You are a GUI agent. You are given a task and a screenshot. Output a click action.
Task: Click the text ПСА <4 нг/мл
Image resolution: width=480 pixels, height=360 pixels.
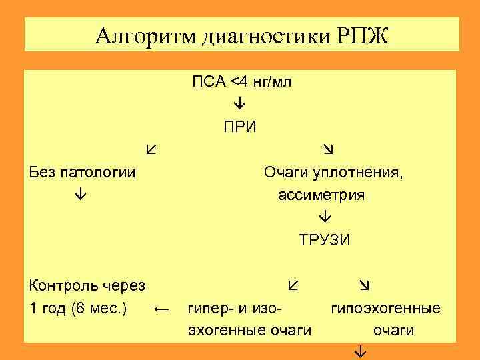[x=241, y=82]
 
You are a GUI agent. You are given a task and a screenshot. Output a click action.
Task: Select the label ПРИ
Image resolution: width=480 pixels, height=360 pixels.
[x=239, y=127]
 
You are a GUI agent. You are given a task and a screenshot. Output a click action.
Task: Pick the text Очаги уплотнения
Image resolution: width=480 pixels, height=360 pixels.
[x=333, y=173]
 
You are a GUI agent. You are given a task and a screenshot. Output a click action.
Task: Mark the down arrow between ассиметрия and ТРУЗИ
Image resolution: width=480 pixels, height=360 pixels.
[x=325, y=218]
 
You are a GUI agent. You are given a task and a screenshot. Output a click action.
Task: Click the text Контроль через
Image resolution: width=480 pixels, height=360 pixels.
[x=87, y=286]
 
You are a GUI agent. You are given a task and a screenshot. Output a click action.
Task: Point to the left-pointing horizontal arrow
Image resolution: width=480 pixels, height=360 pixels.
[x=162, y=309]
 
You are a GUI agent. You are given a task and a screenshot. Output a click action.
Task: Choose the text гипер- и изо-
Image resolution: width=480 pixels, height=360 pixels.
[x=236, y=309]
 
